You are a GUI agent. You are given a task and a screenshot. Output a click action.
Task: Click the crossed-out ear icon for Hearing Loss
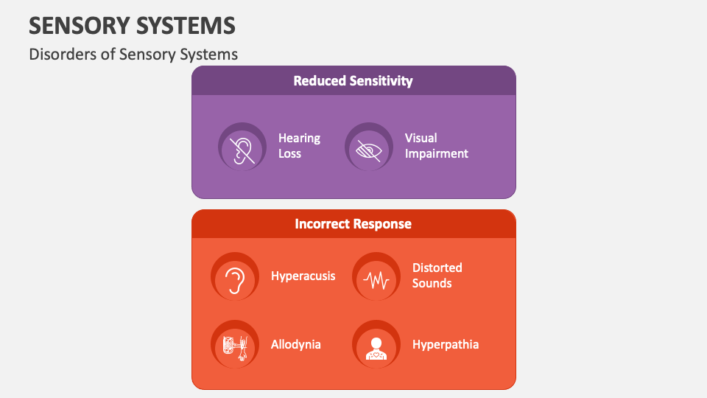point(242,147)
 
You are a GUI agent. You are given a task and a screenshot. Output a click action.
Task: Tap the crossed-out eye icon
point(368,147)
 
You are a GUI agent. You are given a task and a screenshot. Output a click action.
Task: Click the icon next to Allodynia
point(235,344)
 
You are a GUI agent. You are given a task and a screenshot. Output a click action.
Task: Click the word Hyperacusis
point(303,276)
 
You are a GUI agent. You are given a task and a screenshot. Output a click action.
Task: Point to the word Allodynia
point(295,344)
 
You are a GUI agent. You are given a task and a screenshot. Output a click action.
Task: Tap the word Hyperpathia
point(445,344)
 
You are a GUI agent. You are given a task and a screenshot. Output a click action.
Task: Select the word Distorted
point(437,268)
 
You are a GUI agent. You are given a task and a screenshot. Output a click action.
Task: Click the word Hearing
point(299,138)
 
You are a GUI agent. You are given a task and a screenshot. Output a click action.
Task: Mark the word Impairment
point(436,154)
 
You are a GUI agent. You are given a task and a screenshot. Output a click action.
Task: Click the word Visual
point(421,138)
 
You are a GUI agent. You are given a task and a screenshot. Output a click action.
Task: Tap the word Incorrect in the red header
point(321,224)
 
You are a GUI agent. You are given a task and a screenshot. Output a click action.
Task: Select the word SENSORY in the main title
point(77,26)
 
